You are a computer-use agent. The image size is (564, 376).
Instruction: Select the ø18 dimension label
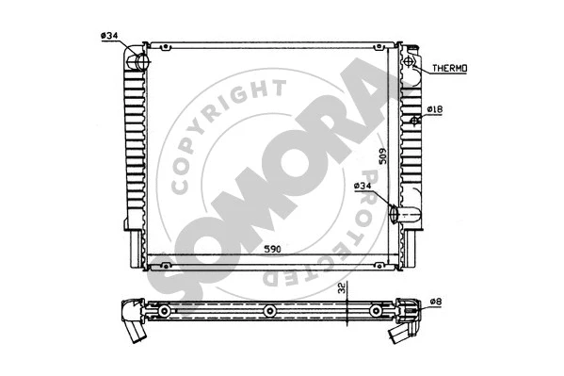pos(434,111)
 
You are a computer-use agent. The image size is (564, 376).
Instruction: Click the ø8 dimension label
pos(435,302)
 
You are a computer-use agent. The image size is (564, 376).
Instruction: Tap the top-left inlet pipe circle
pos(141,63)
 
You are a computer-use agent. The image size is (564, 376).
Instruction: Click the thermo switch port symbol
pos(411,64)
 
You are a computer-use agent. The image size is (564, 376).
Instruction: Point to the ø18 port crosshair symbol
pos(415,121)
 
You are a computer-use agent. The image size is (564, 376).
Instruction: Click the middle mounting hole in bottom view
pos(269,311)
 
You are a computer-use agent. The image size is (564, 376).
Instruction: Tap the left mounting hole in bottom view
pos(164,311)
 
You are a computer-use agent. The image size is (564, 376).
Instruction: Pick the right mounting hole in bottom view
pos(375,311)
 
